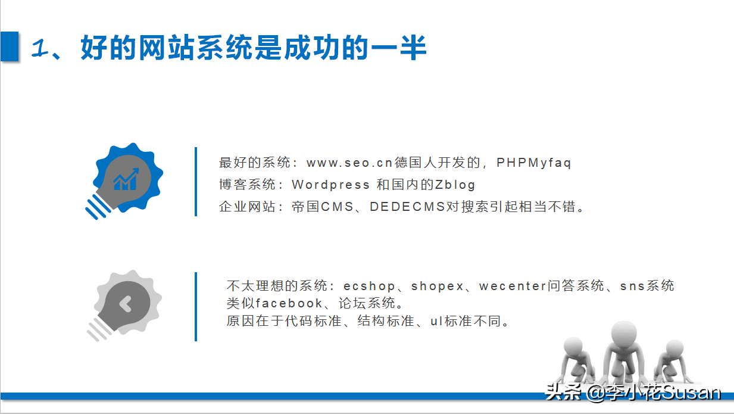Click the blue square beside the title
click(9, 46)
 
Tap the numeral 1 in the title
click(40, 48)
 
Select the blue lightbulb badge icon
click(124, 180)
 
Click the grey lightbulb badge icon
click(124, 306)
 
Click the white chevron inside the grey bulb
click(126, 304)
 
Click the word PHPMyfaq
click(534, 163)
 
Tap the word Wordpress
click(330, 185)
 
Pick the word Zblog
click(455, 185)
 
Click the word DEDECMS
click(407, 207)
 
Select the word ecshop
click(369, 286)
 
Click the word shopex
click(438, 286)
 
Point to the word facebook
click(289, 303)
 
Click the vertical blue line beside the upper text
click(196, 182)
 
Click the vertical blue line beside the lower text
click(196, 307)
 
